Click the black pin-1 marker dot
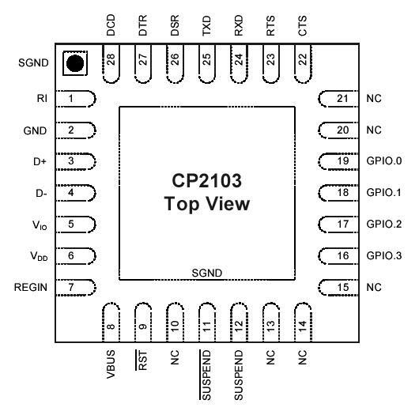point(75,64)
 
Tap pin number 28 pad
point(111,62)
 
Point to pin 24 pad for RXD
point(239,62)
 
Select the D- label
point(41,193)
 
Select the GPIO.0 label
point(385,161)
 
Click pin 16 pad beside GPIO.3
point(337,256)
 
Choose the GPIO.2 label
point(385,224)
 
